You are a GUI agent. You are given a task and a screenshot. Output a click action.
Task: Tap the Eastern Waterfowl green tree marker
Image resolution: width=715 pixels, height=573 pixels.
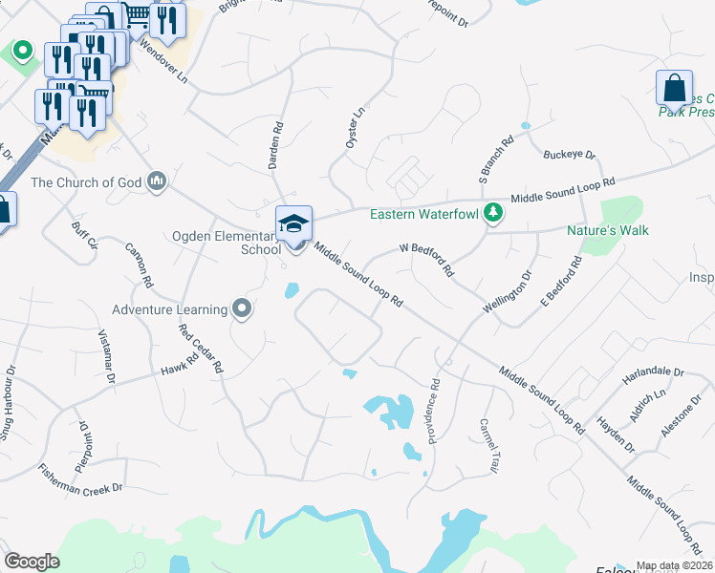pos(492,212)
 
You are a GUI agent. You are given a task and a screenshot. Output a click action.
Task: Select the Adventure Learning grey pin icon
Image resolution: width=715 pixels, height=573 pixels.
pos(242,308)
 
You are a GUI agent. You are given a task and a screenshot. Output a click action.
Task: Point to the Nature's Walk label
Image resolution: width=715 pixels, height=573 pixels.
pos(607,230)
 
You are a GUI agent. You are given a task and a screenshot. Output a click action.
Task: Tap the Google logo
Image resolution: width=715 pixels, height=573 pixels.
pos(32,561)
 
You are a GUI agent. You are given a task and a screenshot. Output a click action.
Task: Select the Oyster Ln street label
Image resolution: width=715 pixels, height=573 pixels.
pos(355,126)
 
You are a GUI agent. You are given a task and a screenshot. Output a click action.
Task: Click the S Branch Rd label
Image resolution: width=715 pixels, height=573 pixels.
pos(496,159)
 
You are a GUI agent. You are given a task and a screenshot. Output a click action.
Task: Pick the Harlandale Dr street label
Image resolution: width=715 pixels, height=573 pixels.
pos(654,371)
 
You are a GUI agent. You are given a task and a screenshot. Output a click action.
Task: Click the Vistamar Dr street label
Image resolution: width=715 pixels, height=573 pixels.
pos(106,357)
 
